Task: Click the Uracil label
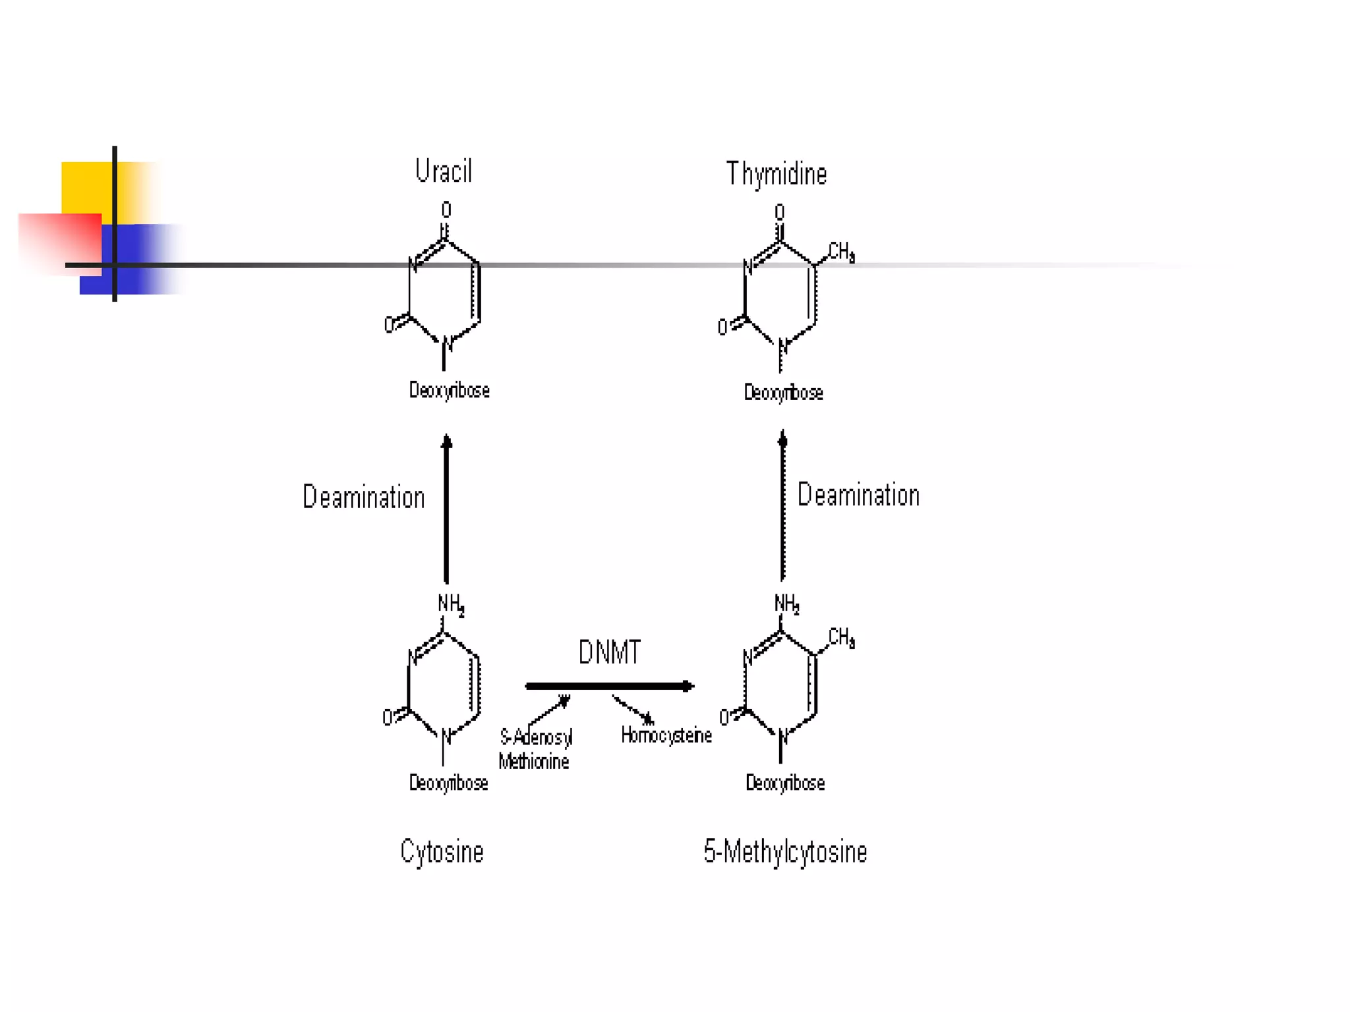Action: point(444,171)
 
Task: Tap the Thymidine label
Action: point(776,174)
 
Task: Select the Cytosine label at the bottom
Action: point(442,851)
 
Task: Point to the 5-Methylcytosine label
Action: point(784,851)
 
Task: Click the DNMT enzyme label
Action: point(609,652)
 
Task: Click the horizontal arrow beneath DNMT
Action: point(609,687)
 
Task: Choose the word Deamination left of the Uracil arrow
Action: point(363,497)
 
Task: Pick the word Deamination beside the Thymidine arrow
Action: point(858,495)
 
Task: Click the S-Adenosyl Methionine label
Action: point(535,749)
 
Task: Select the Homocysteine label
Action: point(666,735)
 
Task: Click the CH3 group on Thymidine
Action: point(841,252)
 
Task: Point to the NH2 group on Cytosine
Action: point(451,604)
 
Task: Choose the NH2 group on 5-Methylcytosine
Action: point(786,604)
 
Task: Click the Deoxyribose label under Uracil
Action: point(449,390)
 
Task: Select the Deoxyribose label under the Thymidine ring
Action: point(783,393)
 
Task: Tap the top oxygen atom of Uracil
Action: point(446,210)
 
